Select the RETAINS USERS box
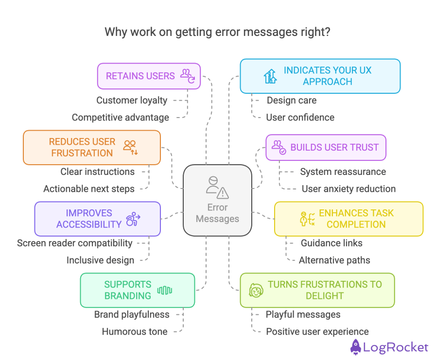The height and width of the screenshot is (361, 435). pyautogui.click(x=149, y=76)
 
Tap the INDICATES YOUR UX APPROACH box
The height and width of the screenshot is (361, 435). pyautogui.click(x=320, y=76)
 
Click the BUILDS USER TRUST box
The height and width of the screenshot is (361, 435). pyautogui.click(x=326, y=147)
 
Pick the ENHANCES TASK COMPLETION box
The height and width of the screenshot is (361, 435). pyautogui.click(x=348, y=219)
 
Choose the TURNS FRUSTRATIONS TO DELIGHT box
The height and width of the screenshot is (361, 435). pyautogui.click(x=317, y=290)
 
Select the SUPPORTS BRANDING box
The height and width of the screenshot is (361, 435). pyautogui.click(x=137, y=290)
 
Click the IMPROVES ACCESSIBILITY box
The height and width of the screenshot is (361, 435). pyautogui.click(x=97, y=219)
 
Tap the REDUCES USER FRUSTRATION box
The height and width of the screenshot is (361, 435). pyautogui.click(x=91, y=147)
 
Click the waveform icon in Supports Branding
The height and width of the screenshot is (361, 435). pyautogui.click(x=164, y=291)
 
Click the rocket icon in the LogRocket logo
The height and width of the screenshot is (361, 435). pyautogui.click(x=356, y=347)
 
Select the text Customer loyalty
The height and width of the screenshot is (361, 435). pyautogui.click(x=132, y=101)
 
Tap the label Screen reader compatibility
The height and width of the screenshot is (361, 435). pyautogui.click(x=75, y=243)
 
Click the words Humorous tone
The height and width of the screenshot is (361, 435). pyautogui.click(x=135, y=332)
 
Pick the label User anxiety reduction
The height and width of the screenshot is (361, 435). pyautogui.click(x=348, y=189)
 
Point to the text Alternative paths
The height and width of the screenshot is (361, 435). pyautogui.click(x=334, y=260)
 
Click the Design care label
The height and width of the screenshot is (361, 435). pyautogui.click(x=292, y=101)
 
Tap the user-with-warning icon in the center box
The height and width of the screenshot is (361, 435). pyautogui.click(x=217, y=187)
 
